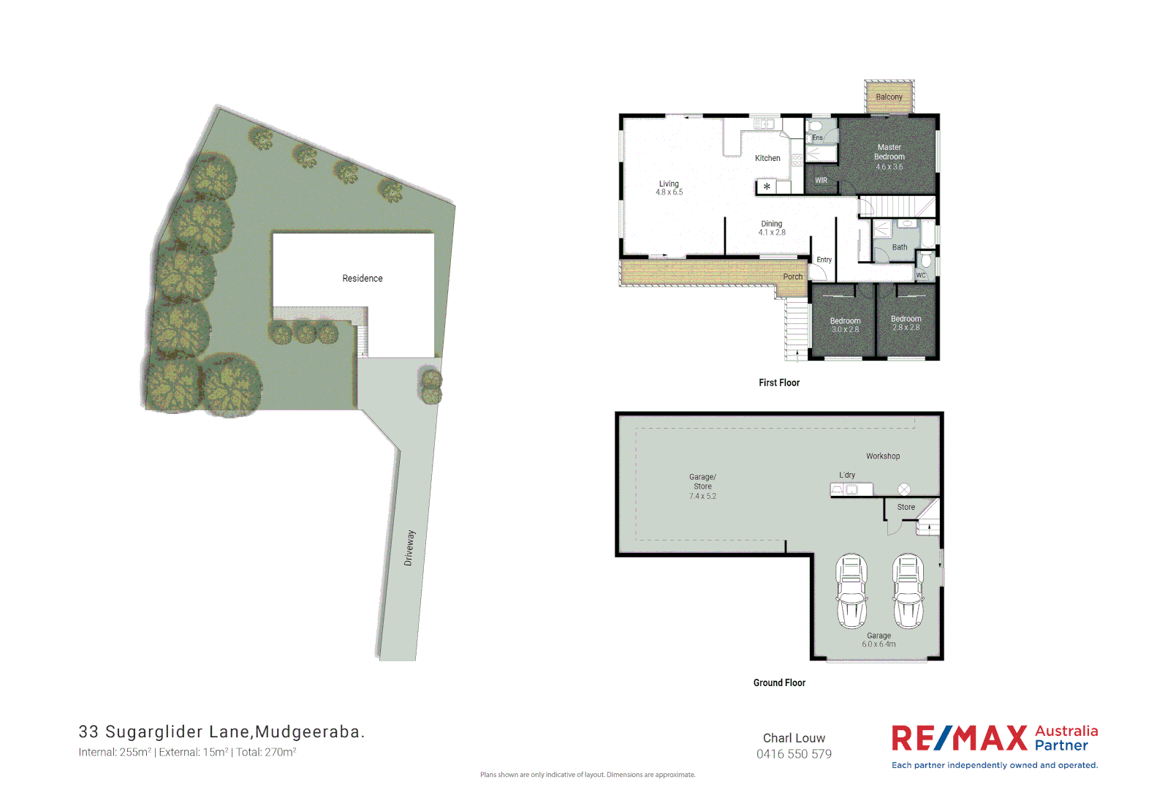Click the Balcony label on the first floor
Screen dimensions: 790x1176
(x=889, y=97)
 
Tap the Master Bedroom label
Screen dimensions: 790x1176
(x=889, y=152)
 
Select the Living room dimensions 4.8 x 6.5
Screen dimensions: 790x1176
(x=669, y=192)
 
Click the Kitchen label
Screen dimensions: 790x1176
(x=767, y=158)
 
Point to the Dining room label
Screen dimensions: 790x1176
(x=772, y=224)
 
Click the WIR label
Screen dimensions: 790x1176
(x=822, y=181)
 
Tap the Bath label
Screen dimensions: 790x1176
(x=900, y=247)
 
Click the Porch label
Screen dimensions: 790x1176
(x=792, y=276)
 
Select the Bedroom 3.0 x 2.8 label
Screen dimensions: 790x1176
(x=845, y=326)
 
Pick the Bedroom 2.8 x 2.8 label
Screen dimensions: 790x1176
(x=906, y=323)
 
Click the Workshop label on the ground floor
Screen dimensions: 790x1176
(x=883, y=456)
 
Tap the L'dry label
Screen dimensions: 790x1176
(x=847, y=475)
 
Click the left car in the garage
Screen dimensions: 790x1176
(x=851, y=591)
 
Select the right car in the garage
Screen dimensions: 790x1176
(x=908, y=591)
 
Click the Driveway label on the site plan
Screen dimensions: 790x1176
(x=409, y=548)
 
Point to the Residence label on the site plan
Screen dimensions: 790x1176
(x=363, y=279)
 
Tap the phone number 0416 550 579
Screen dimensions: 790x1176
(x=794, y=754)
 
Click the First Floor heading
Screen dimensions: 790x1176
(x=779, y=383)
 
